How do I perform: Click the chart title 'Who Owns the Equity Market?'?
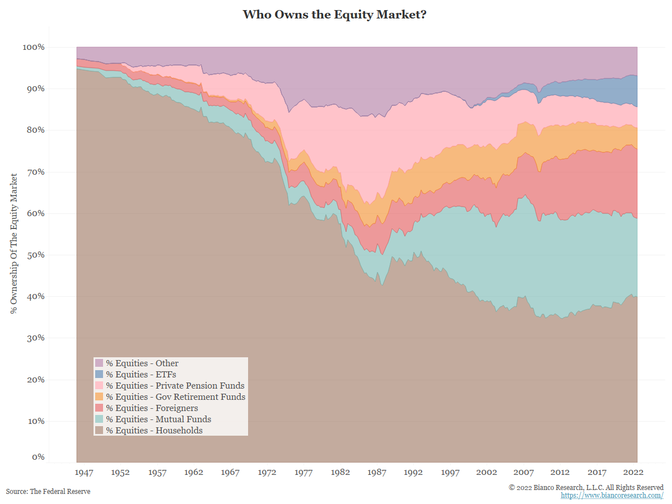click(x=335, y=15)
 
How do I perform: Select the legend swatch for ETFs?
click(x=99, y=374)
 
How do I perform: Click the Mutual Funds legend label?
click(x=158, y=419)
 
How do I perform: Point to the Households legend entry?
click(x=154, y=431)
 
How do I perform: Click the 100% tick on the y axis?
click(x=33, y=47)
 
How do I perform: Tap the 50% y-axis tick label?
click(x=35, y=255)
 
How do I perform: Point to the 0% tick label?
click(x=38, y=458)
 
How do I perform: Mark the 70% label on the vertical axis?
click(x=35, y=172)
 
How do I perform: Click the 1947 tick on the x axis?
click(x=84, y=472)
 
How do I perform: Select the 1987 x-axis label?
click(x=377, y=472)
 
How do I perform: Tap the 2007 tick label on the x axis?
click(x=524, y=472)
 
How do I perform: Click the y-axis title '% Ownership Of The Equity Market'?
click(x=14, y=243)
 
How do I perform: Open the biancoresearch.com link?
click(x=612, y=496)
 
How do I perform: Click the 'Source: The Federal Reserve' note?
click(x=48, y=491)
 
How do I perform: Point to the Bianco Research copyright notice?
click(x=586, y=487)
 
